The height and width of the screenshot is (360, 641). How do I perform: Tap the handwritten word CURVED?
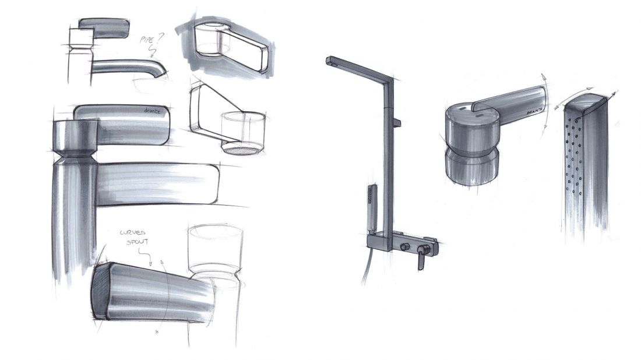point(132,233)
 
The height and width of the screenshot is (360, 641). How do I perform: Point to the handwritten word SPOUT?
point(137,242)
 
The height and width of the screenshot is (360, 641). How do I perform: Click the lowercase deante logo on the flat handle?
point(153,110)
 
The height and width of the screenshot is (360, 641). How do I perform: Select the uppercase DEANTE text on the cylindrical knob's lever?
point(534,112)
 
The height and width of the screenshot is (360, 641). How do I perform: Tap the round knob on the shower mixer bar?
point(405,247)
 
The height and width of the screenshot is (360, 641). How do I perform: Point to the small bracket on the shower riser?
point(396,122)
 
